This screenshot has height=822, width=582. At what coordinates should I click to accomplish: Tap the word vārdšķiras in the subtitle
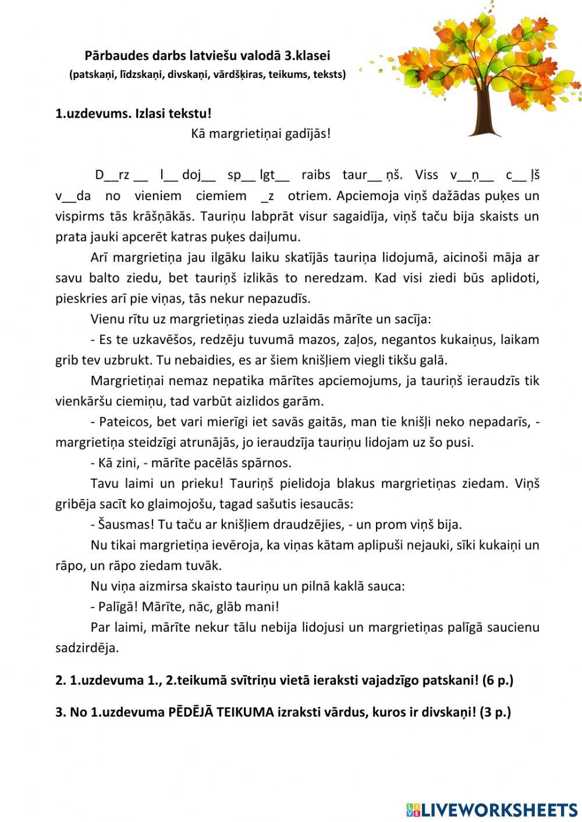[x=239, y=74]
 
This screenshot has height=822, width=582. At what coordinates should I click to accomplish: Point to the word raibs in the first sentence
[x=316, y=175]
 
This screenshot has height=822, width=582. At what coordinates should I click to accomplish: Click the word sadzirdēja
[x=87, y=648]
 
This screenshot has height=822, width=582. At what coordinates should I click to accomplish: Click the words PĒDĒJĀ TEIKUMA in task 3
[x=221, y=712]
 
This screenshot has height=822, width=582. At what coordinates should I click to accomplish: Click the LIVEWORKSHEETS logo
[x=492, y=810]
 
